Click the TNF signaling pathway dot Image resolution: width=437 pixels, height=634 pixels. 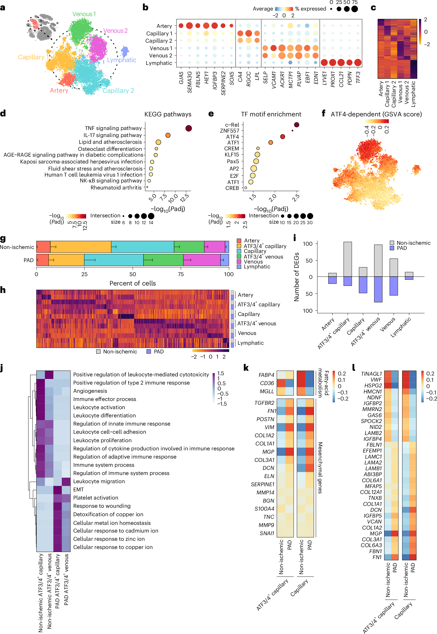pos(188,128)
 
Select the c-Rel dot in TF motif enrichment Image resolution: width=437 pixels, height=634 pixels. pos(296,125)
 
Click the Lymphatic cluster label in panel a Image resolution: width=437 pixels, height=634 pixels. pos(121,60)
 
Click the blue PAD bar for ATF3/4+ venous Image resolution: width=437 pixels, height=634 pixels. pos(378,289)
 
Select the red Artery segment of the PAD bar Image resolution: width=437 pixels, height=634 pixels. pos(42,260)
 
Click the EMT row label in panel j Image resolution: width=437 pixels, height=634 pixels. pos(78,489)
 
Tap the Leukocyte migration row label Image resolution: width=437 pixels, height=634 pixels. pos(99,481)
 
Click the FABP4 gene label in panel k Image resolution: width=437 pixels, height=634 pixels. pos(266,375)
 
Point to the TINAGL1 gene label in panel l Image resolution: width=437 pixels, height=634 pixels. pos(371,374)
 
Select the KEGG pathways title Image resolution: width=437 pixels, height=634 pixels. pos(168,114)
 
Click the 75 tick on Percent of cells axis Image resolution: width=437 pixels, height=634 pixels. pos(181,274)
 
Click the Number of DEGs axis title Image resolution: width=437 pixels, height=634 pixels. pos(296,277)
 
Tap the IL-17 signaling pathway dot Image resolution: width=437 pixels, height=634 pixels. pos(168,135)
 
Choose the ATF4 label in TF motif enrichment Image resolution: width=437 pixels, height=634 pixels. pos(232,137)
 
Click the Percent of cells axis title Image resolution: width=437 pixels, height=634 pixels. pos(132,283)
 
